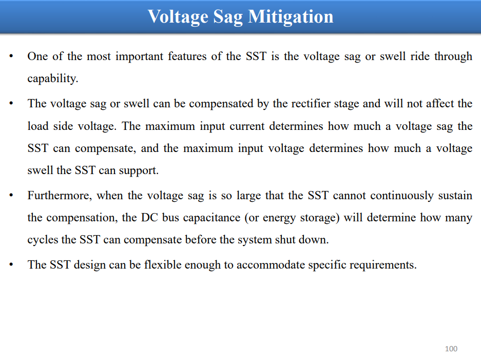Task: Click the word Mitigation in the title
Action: tap(291, 17)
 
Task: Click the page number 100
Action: tap(451, 349)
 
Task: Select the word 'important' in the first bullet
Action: tap(139, 56)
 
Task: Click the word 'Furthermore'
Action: tap(59, 196)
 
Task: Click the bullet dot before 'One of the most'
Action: tap(11, 56)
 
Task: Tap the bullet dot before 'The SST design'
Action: tap(11, 264)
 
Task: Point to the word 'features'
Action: tap(187, 56)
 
